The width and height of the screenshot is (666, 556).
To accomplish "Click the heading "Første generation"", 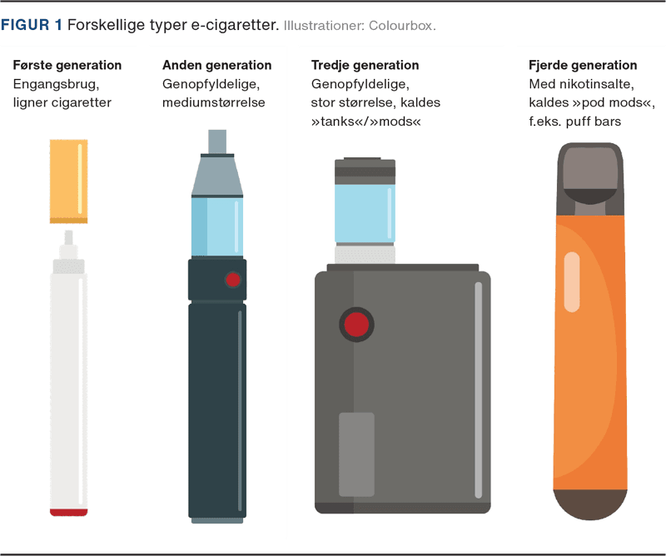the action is coord(67,65).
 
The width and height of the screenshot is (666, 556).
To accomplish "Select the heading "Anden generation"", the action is coord(216,65).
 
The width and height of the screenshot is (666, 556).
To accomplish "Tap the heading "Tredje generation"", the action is coord(365,65).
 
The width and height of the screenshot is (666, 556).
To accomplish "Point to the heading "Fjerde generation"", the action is coord(583,65).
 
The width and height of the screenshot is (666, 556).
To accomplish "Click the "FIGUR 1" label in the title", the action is coord(32,25).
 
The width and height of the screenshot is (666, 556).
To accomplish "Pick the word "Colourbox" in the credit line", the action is coord(400,26).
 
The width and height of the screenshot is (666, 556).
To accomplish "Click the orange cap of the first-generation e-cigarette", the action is coord(69,181).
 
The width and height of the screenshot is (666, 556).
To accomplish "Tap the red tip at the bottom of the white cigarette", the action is coord(69,512).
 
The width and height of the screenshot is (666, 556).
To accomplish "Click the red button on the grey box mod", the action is coord(356,325).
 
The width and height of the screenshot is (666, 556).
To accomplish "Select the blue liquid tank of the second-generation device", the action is coord(217,227).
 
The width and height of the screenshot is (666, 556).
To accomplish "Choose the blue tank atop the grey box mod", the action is coord(365,213).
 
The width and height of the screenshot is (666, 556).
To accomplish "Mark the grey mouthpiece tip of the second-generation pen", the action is coord(217,141).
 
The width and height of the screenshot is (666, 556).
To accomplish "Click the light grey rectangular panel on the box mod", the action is coord(356,454).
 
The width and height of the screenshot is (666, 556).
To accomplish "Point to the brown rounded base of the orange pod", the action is coord(590,504).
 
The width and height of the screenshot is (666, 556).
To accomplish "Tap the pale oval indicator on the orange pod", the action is coord(572,282).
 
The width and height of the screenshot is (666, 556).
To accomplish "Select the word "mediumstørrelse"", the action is coord(214,102).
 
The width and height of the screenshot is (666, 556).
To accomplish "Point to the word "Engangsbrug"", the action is coord(56,84).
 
